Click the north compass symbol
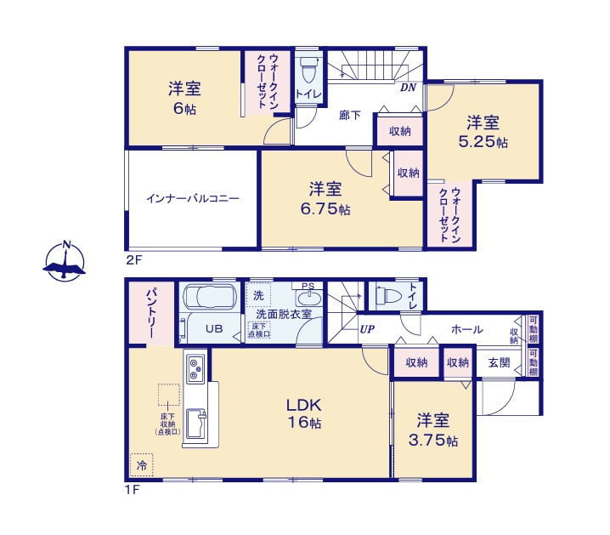(x=65, y=261)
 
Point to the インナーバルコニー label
(x=192, y=199)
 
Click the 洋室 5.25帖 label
(x=483, y=132)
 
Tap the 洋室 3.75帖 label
(x=432, y=430)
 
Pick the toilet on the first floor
(x=387, y=296)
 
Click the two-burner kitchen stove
(x=195, y=368)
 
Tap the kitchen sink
(x=195, y=423)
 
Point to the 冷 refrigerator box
(x=142, y=464)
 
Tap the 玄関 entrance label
(x=499, y=362)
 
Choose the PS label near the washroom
(x=308, y=286)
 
